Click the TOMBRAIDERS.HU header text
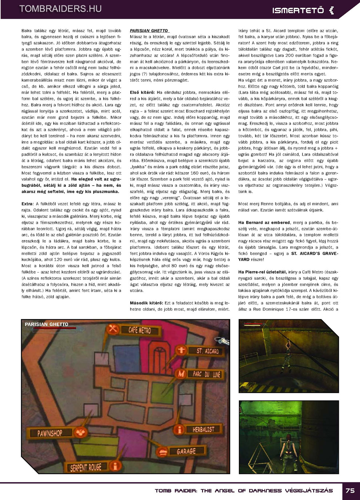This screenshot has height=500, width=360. (60, 9)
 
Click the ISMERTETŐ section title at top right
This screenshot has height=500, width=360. (298, 11)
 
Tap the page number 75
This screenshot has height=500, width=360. (350, 491)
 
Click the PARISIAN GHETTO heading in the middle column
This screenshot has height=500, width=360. (149, 31)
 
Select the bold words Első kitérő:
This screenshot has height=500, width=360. (142, 93)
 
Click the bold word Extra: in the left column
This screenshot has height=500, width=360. (27, 204)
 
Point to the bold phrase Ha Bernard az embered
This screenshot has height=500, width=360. (264, 222)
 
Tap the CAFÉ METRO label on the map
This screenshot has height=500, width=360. (140, 330)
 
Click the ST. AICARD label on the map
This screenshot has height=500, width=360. (208, 351)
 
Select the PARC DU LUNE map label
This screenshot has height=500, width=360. (207, 374)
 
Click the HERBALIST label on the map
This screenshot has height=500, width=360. (203, 430)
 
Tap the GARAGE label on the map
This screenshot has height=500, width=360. (186, 451)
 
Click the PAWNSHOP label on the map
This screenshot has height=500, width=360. (50, 433)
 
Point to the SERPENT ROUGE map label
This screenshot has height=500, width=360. (86, 467)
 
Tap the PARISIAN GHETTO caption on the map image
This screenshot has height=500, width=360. (47, 324)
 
